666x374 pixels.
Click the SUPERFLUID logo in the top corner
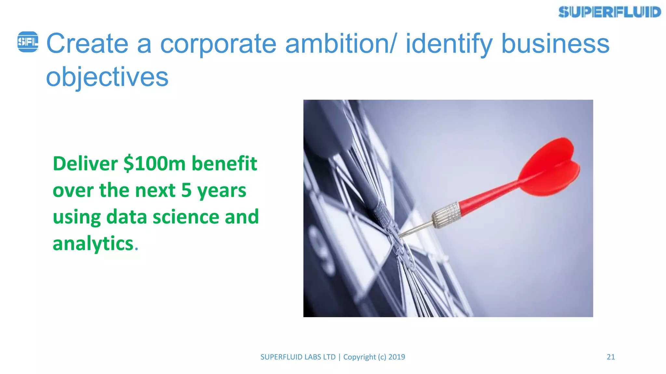coord(610,12)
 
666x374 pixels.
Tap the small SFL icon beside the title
coord(28,42)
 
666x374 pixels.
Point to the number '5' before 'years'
coord(186,190)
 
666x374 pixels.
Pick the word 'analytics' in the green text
coord(93,243)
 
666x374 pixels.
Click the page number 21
coord(611,357)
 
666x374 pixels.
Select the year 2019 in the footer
coord(397,357)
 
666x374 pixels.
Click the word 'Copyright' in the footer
coord(359,357)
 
